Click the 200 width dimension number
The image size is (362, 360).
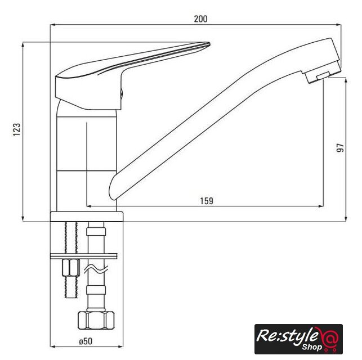coord(200,19)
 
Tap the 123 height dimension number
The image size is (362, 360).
coord(17,129)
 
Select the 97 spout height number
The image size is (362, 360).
coord(340,147)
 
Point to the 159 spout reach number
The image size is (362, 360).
coord(207,201)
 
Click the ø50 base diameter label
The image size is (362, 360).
coord(86,341)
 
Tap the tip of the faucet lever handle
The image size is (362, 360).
coord(209,43)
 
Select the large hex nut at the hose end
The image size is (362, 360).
coord(96,320)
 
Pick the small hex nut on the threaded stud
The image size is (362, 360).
coord(71,268)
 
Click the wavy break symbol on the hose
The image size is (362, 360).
coord(96,269)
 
